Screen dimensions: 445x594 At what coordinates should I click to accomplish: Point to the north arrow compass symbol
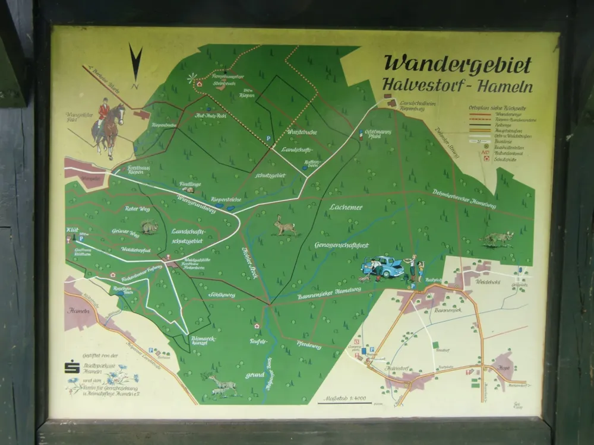tap(136, 65)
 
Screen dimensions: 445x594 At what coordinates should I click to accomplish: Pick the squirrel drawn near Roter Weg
tap(149, 227)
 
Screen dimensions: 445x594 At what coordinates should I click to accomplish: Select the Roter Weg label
tap(138, 209)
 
